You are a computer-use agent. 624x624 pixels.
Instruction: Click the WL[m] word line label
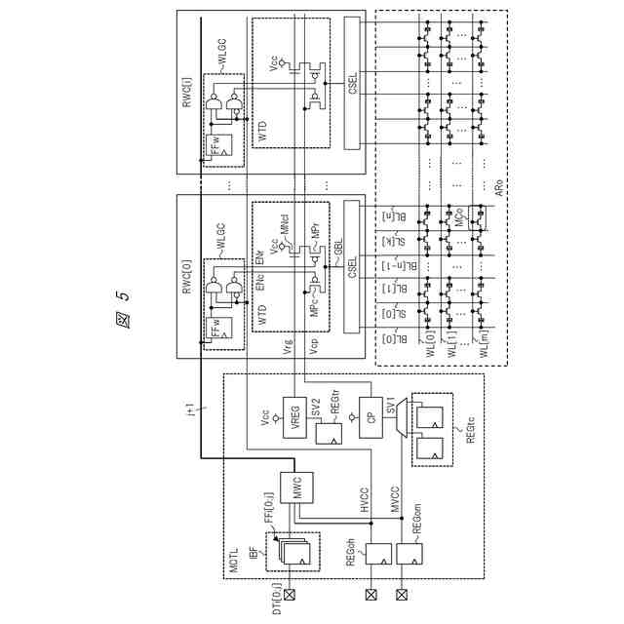point(481,346)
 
